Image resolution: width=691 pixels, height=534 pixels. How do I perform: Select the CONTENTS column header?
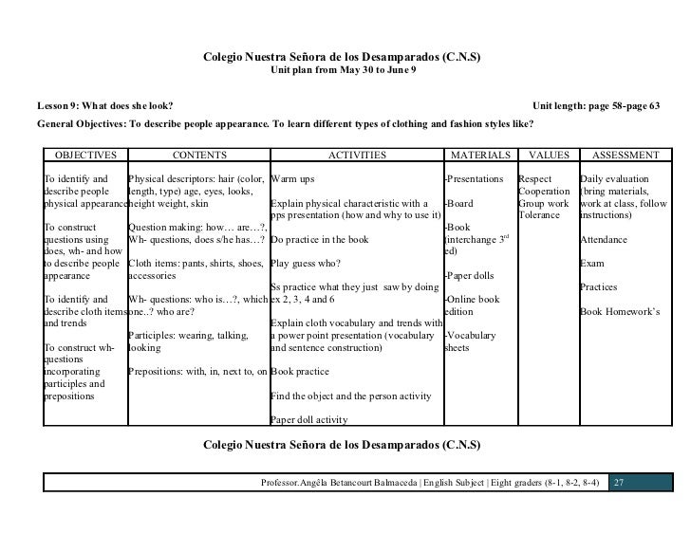coord(199,155)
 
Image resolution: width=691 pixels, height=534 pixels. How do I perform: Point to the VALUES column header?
coord(548,155)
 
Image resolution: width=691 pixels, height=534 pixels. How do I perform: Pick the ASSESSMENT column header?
coord(626,155)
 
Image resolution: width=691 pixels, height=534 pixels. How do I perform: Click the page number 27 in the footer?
coord(619,483)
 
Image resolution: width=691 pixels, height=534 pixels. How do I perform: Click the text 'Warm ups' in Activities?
coord(292,179)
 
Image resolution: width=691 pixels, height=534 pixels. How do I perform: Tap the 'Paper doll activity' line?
coord(309,420)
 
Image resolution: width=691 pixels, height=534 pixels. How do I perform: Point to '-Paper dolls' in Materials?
coord(472,277)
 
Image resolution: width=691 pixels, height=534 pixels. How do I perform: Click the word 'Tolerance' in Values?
coord(539,215)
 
